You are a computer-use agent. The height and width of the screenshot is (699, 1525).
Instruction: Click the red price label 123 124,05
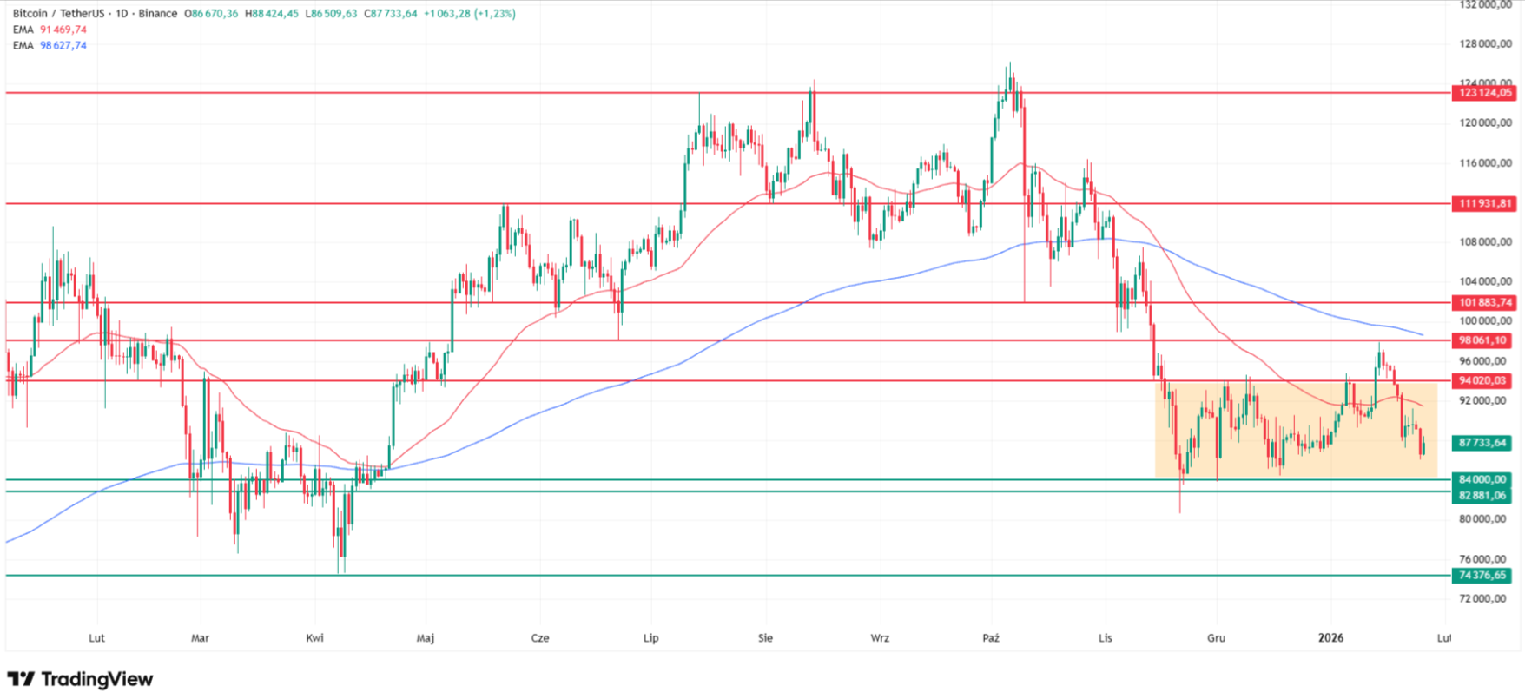[1483, 93]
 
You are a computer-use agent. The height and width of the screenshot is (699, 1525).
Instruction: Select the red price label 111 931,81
[1483, 204]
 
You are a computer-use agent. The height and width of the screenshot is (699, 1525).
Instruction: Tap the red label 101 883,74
[1483, 303]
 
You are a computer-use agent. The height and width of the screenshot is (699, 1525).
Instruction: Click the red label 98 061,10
[1483, 340]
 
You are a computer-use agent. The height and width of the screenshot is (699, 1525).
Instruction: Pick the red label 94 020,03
[1483, 380]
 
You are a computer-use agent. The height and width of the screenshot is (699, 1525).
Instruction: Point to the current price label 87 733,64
[1483, 443]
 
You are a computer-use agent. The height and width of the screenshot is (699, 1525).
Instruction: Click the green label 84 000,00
[1483, 479]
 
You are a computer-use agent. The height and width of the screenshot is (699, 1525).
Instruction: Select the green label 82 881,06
[1483, 496]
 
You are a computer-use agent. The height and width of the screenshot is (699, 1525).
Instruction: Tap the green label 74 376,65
[1483, 576]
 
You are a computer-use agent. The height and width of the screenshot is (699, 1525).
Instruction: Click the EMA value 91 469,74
[63, 30]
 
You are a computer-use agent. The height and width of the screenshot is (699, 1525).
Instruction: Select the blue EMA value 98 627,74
[63, 45]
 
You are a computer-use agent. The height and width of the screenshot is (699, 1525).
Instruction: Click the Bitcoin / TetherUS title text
[59, 14]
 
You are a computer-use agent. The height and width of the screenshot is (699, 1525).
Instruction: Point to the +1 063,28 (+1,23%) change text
[469, 14]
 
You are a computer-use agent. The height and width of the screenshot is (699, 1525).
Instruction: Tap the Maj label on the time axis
[426, 638]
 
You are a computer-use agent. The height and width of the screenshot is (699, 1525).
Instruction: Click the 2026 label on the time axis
[1330, 638]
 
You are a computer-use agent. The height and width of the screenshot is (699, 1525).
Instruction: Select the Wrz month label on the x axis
[880, 638]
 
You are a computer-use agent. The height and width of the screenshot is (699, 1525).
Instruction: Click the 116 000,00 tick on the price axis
[1486, 163]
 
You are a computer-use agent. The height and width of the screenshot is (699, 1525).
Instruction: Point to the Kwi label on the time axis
[315, 638]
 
